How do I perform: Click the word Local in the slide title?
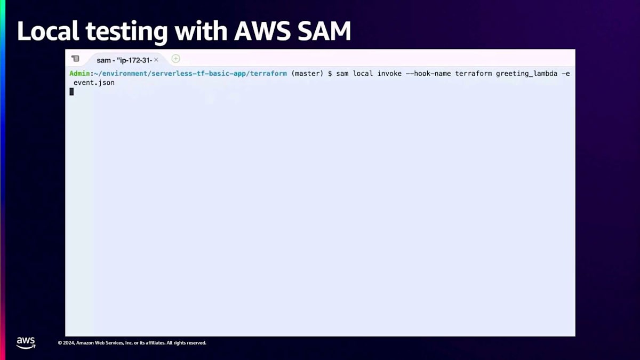point(47,31)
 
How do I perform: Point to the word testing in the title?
point(128,31)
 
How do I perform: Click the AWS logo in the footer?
point(26,343)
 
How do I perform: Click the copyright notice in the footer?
point(132,343)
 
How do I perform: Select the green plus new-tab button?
point(176,59)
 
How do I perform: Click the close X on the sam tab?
point(156,60)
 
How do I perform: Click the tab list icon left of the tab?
point(75,59)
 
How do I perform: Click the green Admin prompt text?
point(80,73)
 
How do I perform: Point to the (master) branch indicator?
point(307,73)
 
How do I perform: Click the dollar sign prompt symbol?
point(330,73)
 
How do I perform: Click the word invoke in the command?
point(389,73)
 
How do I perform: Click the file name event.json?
point(94,83)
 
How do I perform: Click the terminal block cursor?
point(71,92)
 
